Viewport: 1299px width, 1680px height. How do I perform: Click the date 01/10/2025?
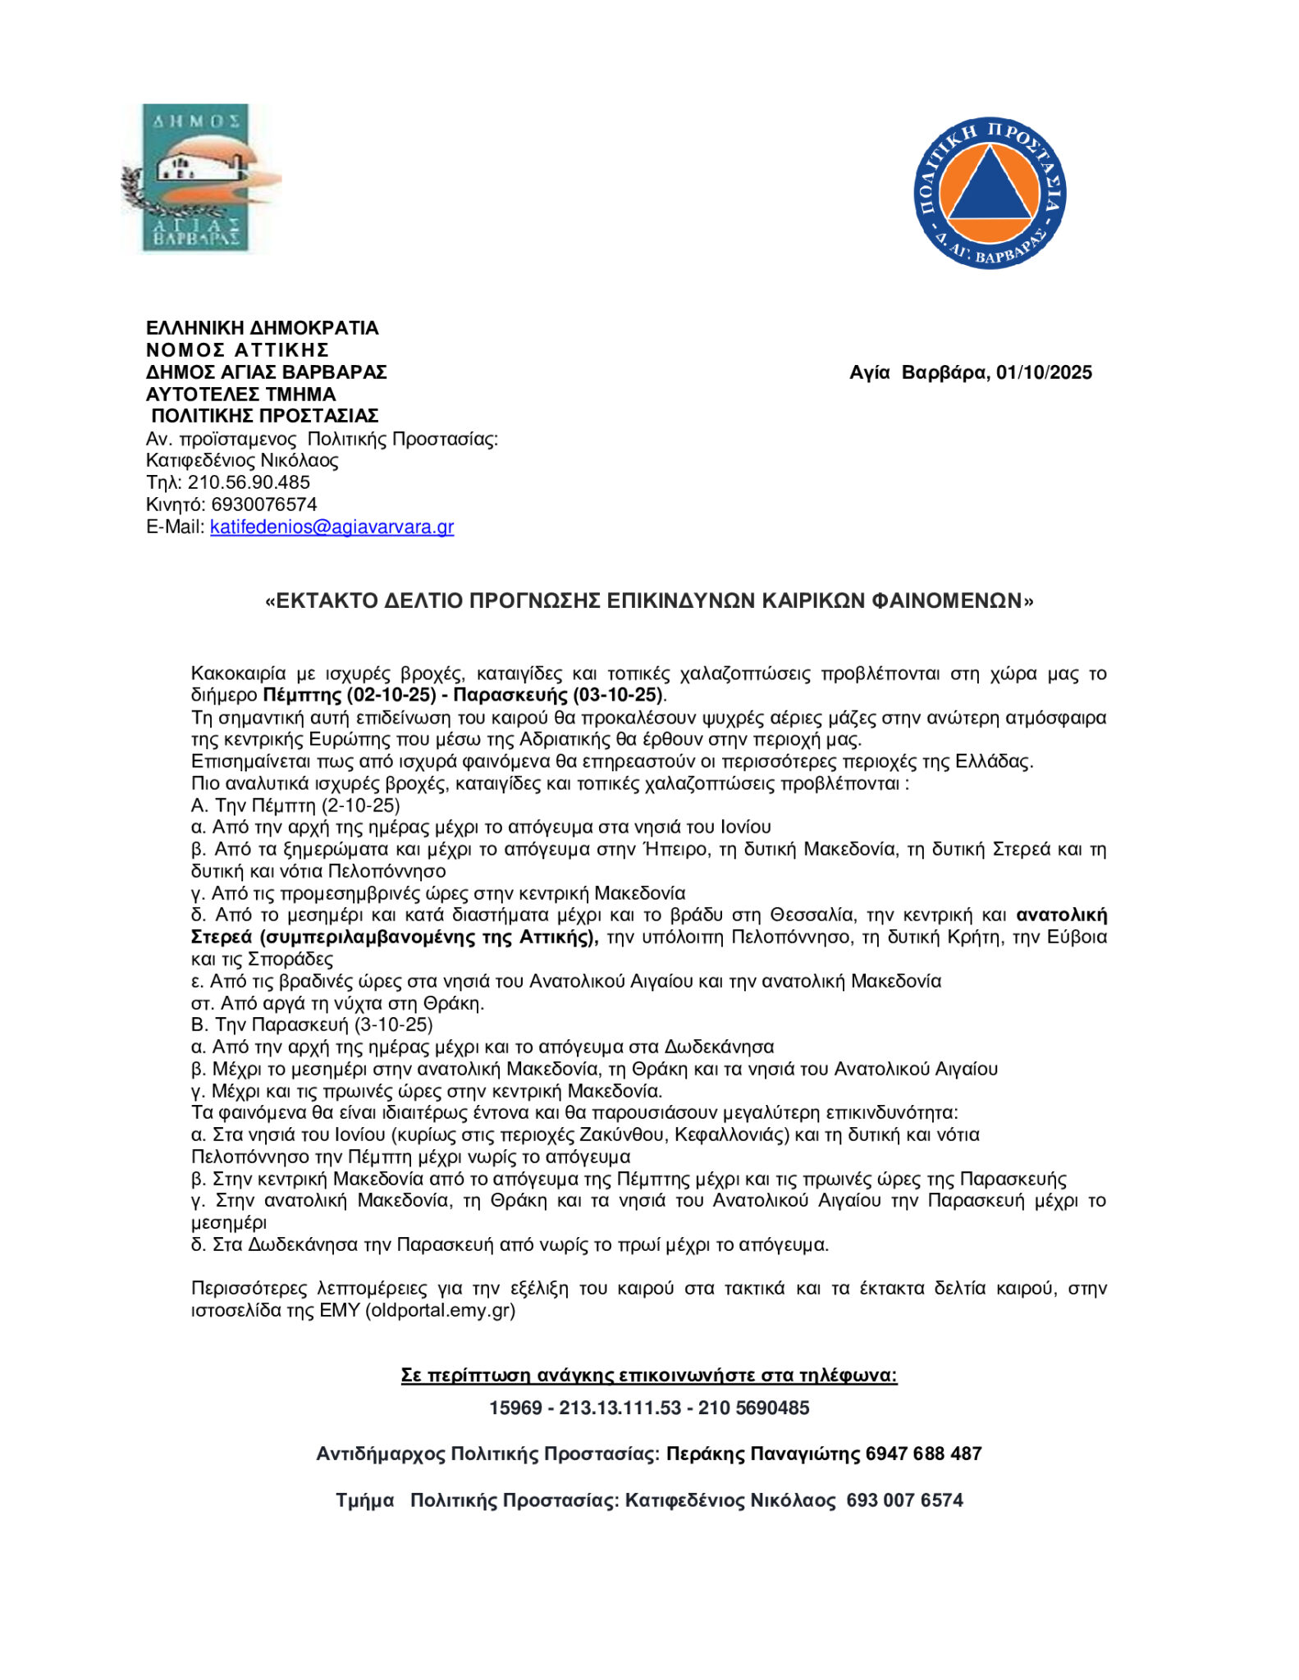1044,372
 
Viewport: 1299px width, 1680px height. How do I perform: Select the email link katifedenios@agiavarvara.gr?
332,527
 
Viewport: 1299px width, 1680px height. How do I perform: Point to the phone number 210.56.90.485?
249,482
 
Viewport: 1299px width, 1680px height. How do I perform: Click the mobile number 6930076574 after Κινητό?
263,504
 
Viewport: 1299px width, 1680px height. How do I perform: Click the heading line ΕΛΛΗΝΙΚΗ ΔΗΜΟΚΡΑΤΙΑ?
262,328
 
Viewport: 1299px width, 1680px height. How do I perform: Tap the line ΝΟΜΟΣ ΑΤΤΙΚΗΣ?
237,350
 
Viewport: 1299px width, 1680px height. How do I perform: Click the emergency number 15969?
515,1408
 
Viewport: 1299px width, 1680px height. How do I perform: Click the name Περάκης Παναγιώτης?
763,1454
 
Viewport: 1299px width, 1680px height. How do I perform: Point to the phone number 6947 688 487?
923,1454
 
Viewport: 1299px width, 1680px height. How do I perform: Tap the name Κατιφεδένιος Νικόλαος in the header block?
242,460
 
